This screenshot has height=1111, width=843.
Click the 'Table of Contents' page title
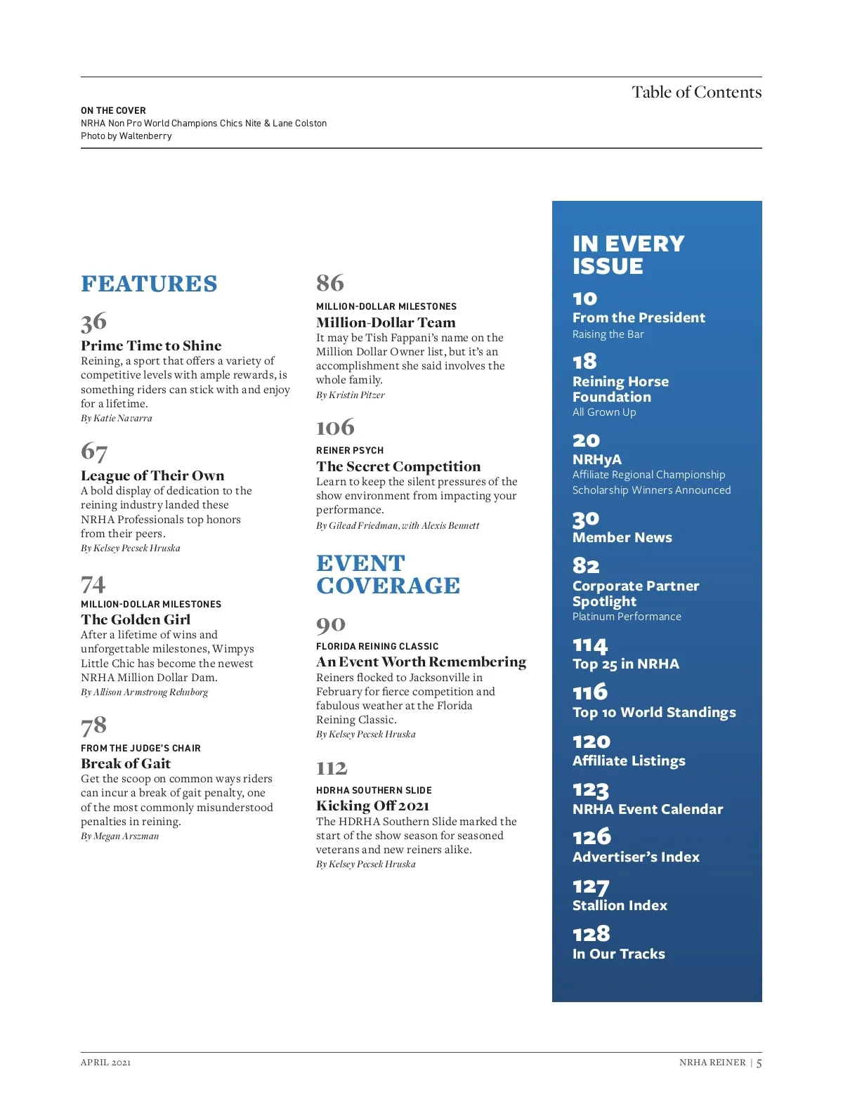696,92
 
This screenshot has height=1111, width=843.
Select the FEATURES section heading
149,284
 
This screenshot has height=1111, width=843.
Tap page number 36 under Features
93,322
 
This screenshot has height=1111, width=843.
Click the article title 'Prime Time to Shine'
151,346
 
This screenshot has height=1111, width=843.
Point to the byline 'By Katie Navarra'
117,419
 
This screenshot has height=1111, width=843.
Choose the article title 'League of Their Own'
152,475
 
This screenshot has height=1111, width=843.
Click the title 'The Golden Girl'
136,619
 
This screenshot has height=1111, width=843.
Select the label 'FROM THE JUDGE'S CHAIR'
140,748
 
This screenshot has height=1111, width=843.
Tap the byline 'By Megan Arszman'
120,836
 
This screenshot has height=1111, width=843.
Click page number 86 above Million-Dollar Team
330,283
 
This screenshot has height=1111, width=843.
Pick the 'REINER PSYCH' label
350,450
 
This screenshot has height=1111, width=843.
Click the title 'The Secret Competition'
398,466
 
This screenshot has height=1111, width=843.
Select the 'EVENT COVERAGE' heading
388,574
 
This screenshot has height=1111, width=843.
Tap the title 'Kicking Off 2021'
372,806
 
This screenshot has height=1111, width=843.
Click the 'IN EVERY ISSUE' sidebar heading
628,254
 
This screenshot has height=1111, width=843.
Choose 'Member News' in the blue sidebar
622,537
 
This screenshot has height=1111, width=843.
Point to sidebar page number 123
590,790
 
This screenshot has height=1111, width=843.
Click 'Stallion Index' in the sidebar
620,905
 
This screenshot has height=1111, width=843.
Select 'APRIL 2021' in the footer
105,1062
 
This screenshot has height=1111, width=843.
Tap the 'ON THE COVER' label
113,110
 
